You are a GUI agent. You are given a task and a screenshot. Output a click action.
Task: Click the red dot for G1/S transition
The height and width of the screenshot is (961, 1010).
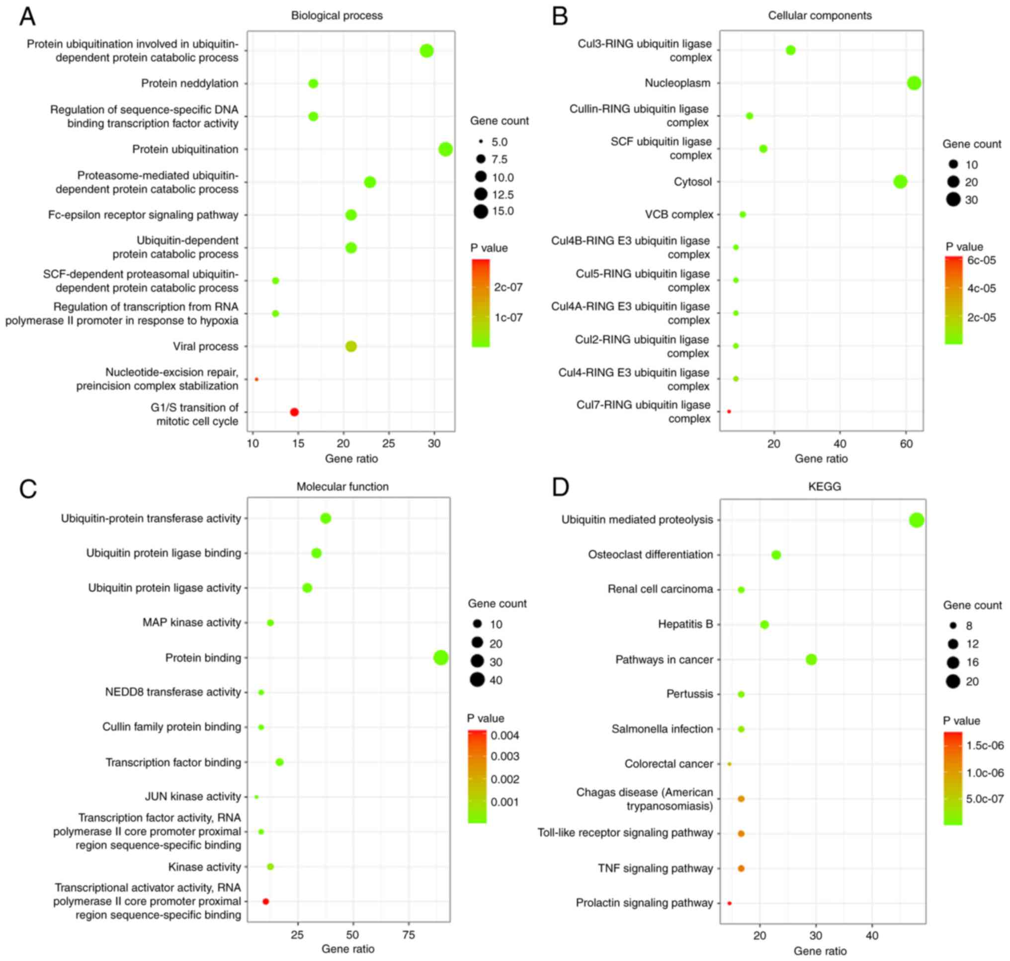pyautogui.click(x=294, y=412)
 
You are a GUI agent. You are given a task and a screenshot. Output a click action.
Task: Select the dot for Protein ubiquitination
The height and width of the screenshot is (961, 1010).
pyautogui.click(x=445, y=149)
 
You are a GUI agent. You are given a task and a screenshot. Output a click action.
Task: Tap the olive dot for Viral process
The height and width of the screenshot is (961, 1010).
pyautogui.click(x=351, y=346)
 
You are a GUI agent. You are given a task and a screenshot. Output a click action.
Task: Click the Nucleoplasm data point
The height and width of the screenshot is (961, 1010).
pyautogui.click(x=914, y=83)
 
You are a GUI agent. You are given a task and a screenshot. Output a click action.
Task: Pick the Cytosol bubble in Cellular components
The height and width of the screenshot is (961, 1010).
pyautogui.click(x=900, y=181)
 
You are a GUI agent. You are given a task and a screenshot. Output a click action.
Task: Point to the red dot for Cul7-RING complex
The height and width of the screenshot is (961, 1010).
pyautogui.click(x=729, y=411)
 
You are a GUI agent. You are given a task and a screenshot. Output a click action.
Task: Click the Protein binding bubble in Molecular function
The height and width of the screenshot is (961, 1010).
pyautogui.click(x=441, y=658)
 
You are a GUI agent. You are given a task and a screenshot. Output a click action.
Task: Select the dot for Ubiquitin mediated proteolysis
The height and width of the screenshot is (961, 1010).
pyautogui.click(x=917, y=520)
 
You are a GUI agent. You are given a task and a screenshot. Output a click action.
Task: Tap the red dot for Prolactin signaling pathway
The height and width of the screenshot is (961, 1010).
pyautogui.click(x=730, y=903)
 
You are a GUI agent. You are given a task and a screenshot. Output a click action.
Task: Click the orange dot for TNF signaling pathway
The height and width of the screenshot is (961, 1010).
pyautogui.click(x=741, y=868)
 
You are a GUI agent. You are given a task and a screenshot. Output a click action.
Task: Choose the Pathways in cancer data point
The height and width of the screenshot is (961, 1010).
pyautogui.click(x=811, y=659)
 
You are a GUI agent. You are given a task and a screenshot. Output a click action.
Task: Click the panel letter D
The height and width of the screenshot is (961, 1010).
pyautogui.click(x=561, y=486)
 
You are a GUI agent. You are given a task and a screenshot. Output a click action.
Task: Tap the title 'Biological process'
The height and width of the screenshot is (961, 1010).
pyautogui.click(x=337, y=15)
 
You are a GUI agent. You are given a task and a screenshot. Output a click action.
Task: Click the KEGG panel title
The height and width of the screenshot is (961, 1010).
pyautogui.click(x=825, y=486)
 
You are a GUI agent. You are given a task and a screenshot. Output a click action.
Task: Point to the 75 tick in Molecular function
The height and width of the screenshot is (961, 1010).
pyautogui.click(x=409, y=935)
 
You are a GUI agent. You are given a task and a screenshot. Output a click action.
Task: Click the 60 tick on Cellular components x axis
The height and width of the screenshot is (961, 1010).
pyautogui.click(x=907, y=444)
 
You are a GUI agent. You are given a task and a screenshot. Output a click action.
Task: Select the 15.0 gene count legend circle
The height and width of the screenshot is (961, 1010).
pyautogui.click(x=481, y=211)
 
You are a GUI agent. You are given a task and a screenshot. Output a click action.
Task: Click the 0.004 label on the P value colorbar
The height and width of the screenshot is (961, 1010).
pyautogui.click(x=505, y=735)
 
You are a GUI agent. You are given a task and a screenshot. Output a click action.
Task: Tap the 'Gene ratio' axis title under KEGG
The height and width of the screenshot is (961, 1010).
pyautogui.click(x=820, y=951)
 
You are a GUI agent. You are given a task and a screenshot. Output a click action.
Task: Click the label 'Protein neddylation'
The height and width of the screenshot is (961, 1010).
pyautogui.click(x=189, y=83)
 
